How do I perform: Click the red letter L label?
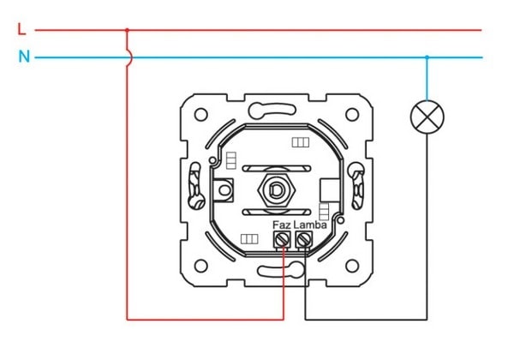(x=21, y=29)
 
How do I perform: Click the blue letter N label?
(x=24, y=57)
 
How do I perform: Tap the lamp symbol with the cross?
(x=427, y=117)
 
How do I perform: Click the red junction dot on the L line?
(x=127, y=30)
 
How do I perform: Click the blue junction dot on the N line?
(x=427, y=57)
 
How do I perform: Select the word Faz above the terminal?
(x=282, y=225)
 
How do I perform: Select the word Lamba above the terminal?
(x=310, y=225)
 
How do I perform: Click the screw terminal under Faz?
(x=282, y=240)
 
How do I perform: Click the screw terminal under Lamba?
(x=304, y=240)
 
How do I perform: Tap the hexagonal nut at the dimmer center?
(x=276, y=190)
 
